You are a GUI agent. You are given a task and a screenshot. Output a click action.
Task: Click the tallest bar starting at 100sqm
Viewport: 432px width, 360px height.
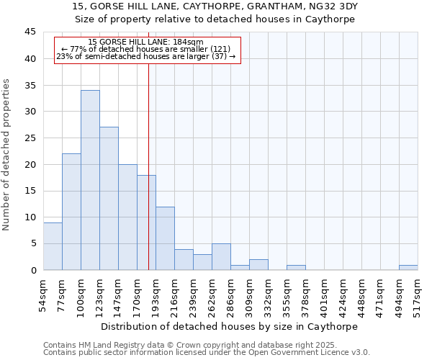90,180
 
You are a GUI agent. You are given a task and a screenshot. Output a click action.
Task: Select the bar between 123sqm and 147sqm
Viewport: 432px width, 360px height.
109,199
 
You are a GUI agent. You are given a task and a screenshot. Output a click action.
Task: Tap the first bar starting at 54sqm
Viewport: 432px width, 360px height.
53,246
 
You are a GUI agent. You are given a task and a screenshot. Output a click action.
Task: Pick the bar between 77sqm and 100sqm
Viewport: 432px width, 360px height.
71,212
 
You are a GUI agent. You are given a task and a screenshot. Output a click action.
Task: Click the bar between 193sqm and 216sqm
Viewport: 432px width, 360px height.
165,238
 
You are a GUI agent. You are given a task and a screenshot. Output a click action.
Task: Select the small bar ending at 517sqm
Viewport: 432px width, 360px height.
408,268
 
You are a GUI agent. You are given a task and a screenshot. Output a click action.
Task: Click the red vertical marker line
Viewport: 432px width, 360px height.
148,158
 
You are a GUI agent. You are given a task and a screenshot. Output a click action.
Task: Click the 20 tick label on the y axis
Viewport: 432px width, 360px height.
30,165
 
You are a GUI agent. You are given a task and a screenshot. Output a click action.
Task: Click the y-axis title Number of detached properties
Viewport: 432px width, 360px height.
7,154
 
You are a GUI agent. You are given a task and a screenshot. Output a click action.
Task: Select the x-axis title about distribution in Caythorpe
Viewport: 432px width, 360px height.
230,326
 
